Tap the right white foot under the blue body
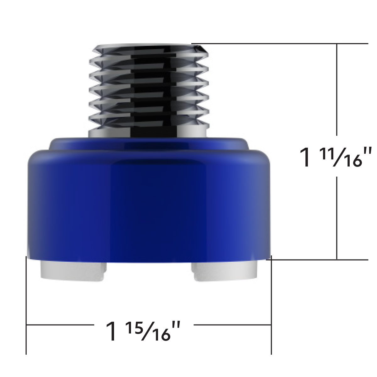pos(225,271)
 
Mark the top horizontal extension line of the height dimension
pos(280,43)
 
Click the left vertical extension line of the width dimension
pos(26,305)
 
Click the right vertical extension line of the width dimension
pos(271,305)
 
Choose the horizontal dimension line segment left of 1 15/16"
pos(60,325)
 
